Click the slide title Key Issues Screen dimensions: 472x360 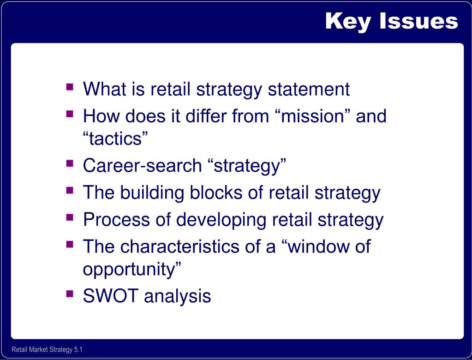point(392,22)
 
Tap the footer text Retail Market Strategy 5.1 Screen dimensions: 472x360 point(47,349)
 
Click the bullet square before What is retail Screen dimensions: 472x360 point(70,87)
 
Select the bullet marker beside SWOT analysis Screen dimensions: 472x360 point(70,294)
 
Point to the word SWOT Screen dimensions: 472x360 point(111,295)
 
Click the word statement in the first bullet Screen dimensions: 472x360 point(309,89)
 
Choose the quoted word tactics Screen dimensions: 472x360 point(115,138)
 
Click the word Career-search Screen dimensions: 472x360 point(143,166)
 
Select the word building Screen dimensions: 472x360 point(152,192)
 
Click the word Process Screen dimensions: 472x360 point(116,219)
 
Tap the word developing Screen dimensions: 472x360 point(221,220)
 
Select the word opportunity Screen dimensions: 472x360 point(132,269)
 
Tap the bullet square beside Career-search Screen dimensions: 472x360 point(70,163)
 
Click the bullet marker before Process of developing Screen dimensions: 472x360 point(70,217)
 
